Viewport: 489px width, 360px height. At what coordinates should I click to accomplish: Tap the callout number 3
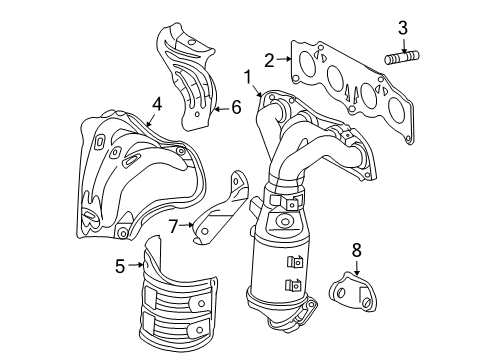tap(402, 27)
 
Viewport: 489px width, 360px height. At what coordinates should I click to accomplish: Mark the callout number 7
tap(173, 228)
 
